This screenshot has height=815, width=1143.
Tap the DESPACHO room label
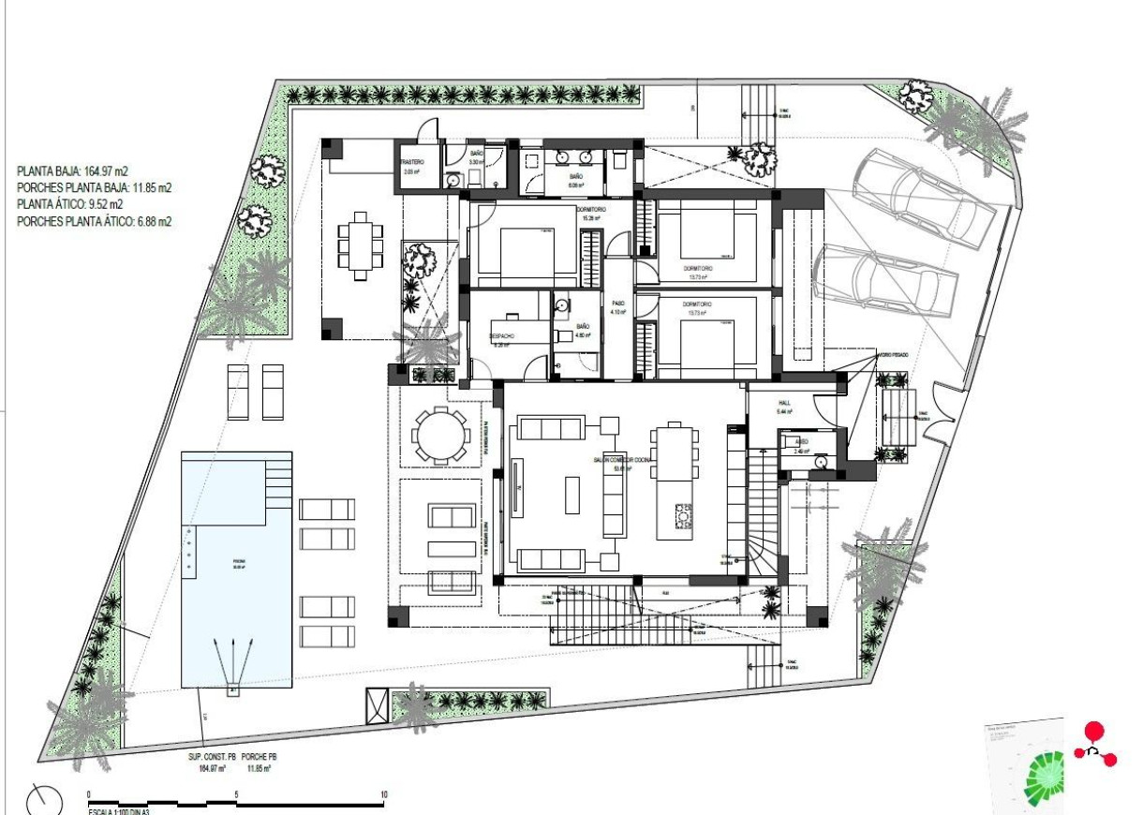pyautogui.click(x=502, y=335)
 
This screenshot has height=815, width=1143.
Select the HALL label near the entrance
pyautogui.click(x=784, y=403)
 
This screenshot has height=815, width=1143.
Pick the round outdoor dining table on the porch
pyautogui.click(x=440, y=436)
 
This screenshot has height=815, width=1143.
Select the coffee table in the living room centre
pyautogui.click(x=572, y=495)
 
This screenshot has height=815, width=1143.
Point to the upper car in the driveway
pyautogui.click(x=923, y=197)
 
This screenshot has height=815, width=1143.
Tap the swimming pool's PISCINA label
pyautogui.click(x=238, y=564)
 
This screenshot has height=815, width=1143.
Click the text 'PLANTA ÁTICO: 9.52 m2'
pyautogui.click(x=70, y=204)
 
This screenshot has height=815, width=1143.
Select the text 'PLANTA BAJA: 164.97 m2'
pyautogui.click(x=73, y=170)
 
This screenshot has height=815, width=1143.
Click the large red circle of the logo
pyautogui.click(x=1093, y=731)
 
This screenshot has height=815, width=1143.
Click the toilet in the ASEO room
pyautogui.click(x=821, y=461)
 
